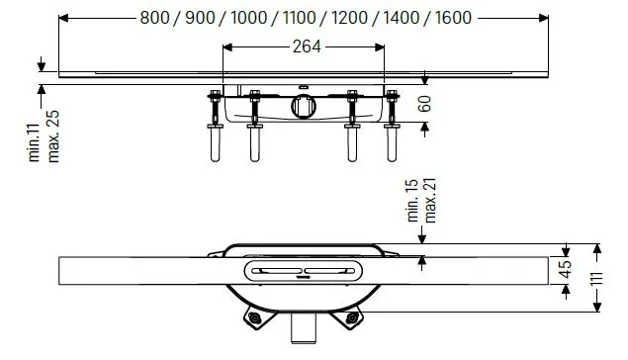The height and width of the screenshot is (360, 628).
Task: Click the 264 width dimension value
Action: point(307,46)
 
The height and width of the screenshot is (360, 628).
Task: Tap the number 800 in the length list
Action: point(154,18)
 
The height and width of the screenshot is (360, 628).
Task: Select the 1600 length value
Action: point(453,18)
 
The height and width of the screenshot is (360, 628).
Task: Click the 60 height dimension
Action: point(424,103)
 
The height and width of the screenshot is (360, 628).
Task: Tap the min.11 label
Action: point(34,142)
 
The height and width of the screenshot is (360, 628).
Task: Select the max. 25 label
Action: point(52,136)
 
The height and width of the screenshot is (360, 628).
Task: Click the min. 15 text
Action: point(412,200)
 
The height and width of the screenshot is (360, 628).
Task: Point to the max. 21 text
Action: point(430,200)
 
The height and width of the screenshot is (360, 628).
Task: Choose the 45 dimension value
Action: point(565,269)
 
